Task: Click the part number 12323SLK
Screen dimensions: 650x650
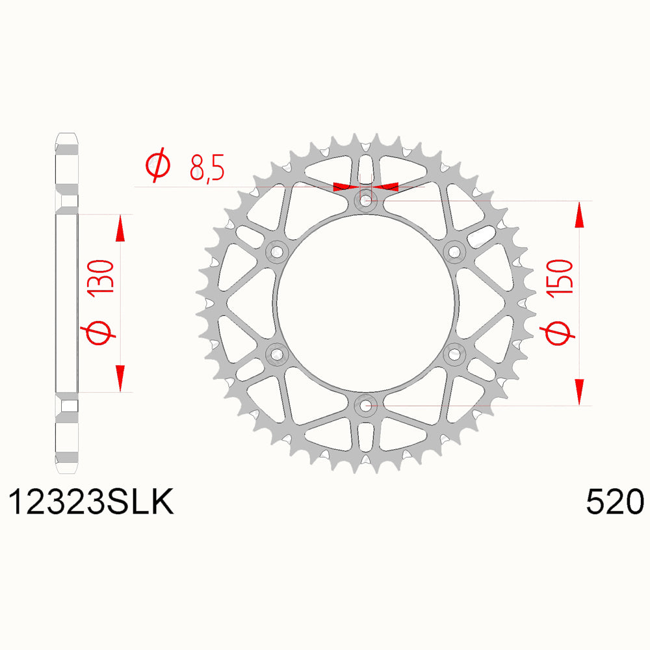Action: (x=91, y=502)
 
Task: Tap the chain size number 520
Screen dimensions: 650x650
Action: (x=615, y=502)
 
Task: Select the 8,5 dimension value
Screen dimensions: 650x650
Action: (x=207, y=167)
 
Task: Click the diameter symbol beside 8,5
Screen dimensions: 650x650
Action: (x=157, y=165)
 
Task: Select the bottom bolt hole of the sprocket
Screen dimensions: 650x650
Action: (x=365, y=406)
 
